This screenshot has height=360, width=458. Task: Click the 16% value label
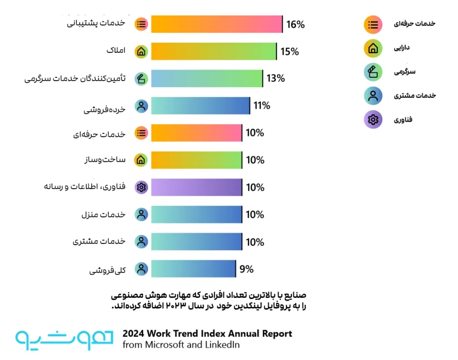pyautogui.click(x=295, y=24)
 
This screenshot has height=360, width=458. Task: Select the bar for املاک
pyautogui.click(x=214, y=51)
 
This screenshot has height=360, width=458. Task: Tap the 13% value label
pyautogui.click(x=276, y=78)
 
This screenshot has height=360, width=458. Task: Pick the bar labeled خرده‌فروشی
pyautogui.click(x=201, y=106)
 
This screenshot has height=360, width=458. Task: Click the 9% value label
pyautogui.click(x=246, y=269)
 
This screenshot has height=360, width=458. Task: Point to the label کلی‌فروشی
pyautogui.click(x=107, y=270)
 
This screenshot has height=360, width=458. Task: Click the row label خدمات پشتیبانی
pyautogui.click(x=96, y=23)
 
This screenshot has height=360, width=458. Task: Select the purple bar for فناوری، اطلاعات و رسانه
pyautogui.click(x=197, y=187)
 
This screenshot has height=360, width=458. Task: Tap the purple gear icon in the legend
pyautogui.click(x=373, y=119)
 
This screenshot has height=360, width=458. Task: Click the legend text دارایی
pyautogui.click(x=402, y=48)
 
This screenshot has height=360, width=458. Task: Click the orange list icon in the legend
pyautogui.click(x=373, y=25)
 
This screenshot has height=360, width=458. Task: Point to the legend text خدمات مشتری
pyautogui.click(x=415, y=95)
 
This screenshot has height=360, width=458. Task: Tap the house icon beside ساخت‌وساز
pyautogui.click(x=141, y=160)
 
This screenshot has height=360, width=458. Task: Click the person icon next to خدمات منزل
pyautogui.click(x=141, y=215)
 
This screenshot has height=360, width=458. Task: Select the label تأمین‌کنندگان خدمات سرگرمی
pyautogui.click(x=75, y=79)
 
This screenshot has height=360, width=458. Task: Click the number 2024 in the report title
pyautogui.click(x=133, y=334)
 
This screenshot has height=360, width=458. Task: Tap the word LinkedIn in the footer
pyautogui.click(x=222, y=345)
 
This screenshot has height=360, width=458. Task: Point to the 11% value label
pyautogui.click(x=262, y=106)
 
